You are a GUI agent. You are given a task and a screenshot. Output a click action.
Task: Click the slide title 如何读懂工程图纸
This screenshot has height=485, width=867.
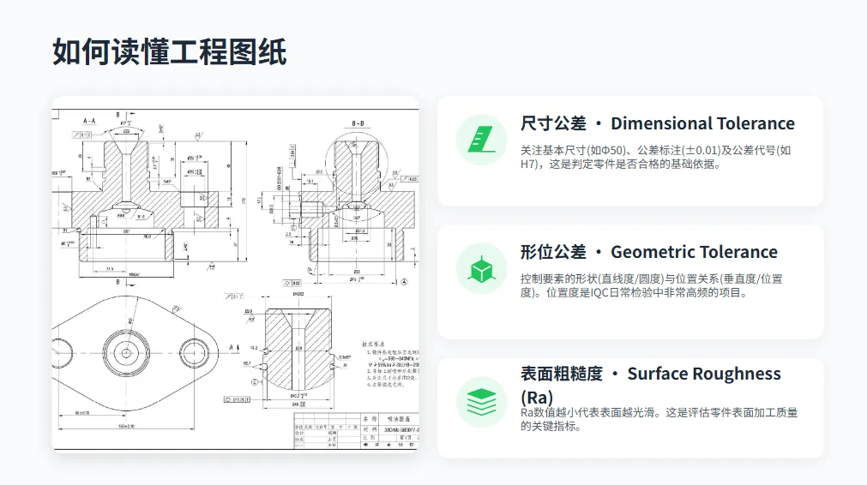point(169,52)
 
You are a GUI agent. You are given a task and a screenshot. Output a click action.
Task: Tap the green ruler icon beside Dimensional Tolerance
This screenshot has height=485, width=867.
point(481,140)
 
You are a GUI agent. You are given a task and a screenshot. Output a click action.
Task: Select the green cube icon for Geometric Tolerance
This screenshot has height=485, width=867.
point(481,268)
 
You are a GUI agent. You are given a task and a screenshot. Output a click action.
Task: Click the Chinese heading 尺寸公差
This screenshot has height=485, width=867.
point(553,123)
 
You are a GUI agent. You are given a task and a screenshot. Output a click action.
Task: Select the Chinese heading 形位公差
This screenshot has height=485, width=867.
point(553,252)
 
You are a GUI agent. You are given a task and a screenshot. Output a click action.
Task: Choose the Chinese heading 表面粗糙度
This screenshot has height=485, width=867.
point(562,374)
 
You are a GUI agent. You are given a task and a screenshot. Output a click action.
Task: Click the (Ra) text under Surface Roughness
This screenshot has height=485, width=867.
point(537,398)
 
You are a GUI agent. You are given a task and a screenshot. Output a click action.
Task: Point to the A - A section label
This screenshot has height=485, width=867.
point(90,122)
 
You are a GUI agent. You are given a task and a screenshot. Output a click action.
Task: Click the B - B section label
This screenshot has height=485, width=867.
point(358,124)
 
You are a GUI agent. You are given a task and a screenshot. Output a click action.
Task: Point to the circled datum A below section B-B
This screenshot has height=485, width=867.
point(404,281)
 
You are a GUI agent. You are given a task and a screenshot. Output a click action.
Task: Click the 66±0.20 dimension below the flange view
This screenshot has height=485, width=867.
point(84,414)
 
